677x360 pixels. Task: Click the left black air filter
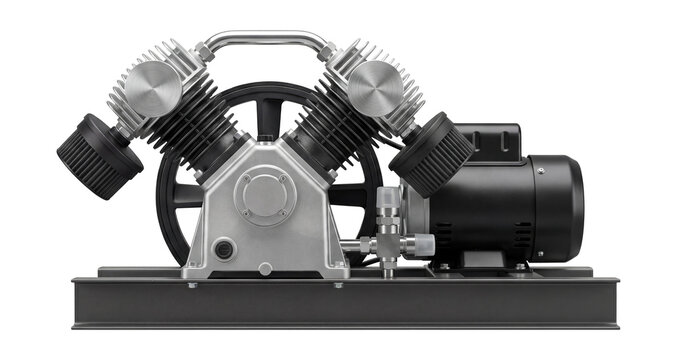[99, 156]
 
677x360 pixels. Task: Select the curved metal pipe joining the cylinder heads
[265, 40]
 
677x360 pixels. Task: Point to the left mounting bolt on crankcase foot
[192, 284]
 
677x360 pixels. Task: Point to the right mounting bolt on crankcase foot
[338, 284]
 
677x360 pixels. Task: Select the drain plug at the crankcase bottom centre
[264, 268]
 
